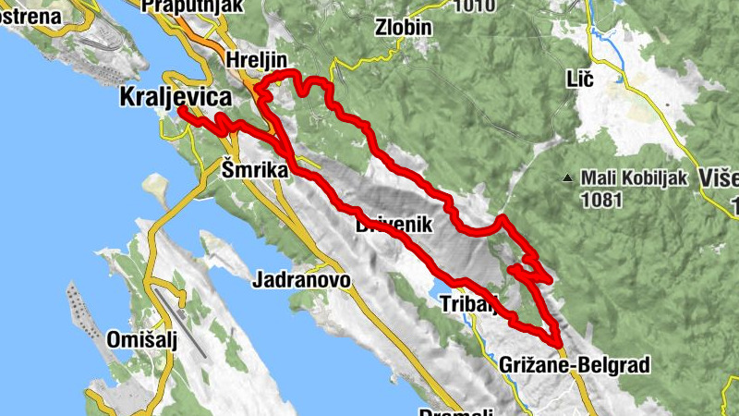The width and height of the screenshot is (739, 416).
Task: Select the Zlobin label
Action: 404,27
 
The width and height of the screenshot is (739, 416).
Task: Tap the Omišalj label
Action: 148,336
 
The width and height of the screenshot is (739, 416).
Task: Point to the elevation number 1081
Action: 601,197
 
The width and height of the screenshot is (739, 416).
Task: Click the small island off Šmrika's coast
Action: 157,190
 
